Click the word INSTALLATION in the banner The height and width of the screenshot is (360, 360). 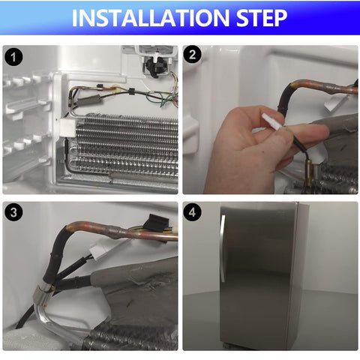[x=151, y=18]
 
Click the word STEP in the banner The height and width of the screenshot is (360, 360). [x=262, y=18]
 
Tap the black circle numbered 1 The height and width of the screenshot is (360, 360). [x=13, y=57]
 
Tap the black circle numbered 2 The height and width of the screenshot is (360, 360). [x=192, y=54]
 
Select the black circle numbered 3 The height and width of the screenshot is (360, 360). [x=13, y=212]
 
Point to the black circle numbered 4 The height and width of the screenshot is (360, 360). [x=192, y=212]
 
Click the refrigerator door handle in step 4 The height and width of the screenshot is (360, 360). [x=222, y=247]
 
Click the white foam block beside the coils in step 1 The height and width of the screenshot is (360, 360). [x=67, y=127]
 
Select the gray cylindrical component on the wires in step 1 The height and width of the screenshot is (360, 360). [x=89, y=100]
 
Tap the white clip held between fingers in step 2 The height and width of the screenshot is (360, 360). [x=272, y=121]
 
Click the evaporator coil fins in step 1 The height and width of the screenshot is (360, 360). [x=126, y=145]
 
